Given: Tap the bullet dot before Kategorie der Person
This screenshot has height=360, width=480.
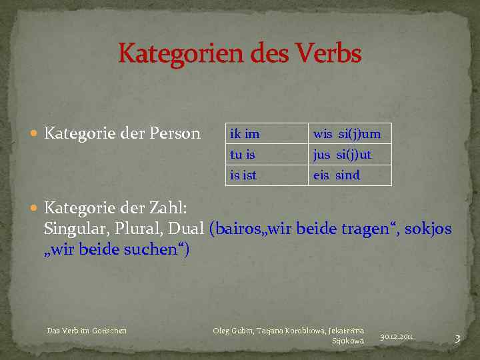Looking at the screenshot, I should click(x=35, y=134).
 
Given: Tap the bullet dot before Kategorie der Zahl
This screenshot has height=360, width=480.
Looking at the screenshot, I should click(x=35, y=208).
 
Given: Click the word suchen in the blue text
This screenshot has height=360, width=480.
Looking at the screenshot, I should click(x=156, y=249).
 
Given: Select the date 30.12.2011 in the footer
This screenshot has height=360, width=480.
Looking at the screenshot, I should click(x=397, y=337).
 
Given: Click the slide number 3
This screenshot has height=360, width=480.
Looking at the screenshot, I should click(x=457, y=339).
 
